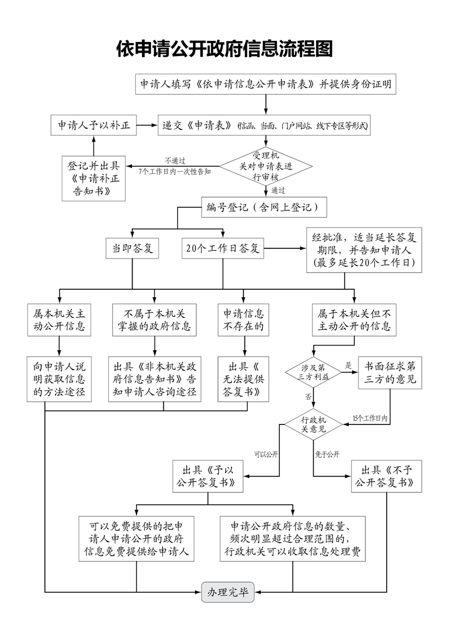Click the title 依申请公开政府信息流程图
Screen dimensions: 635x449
click(x=224, y=49)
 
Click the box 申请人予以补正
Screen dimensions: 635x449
click(x=94, y=125)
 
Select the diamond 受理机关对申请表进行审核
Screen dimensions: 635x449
click(x=266, y=166)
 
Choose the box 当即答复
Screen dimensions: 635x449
click(x=132, y=248)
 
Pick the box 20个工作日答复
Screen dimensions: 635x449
click(x=223, y=248)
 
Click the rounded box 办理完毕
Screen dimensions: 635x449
click(x=228, y=592)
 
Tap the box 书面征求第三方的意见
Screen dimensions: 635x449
click(x=390, y=372)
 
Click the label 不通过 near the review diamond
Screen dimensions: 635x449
click(x=175, y=161)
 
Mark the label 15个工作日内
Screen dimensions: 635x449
click(x=369, y=418)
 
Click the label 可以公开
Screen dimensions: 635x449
click(x=266, y=454)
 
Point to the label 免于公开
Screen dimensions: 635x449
click(x=327, y=454)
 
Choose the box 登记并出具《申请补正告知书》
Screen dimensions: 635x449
click(x=94, y=178)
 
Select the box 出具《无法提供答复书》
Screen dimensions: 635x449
click(x=243, y=379)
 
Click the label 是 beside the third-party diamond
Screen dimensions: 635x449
click(x=348, y=365)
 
